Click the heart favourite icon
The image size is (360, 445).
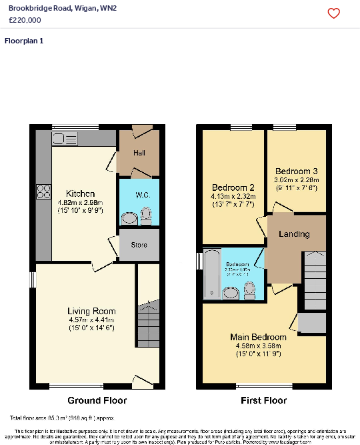coord(334,13)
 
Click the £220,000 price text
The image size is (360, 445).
coord(25,20)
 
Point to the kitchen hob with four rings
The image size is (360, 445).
coord(44,191)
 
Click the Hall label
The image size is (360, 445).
coord(139,153)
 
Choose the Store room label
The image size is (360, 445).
coord(139,245)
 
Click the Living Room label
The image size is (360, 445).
coord(91,311)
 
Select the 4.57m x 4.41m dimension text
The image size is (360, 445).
coord(91,320)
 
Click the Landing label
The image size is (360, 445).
coord(294,234)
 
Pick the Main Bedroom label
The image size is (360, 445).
coord(258,337)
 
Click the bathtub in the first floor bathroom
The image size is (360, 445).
coord(212,274)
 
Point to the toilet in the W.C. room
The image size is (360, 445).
coord(147,215)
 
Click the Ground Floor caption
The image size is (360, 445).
coord(97,400)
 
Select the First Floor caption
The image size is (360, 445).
coord(263,400)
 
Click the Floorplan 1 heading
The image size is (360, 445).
coord(24,41)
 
